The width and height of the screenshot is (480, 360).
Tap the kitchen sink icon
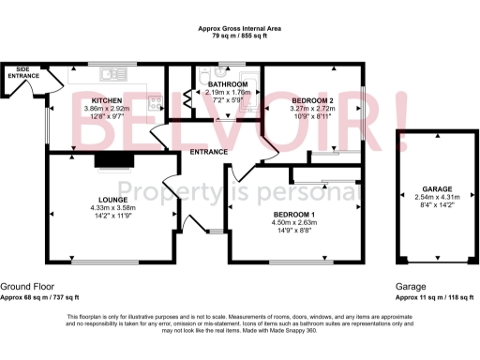point(113,73)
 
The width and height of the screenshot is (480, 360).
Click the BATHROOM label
point(229,84)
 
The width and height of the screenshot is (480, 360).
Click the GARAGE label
point(437,188)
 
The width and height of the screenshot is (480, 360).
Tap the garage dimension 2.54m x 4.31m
point(437,197)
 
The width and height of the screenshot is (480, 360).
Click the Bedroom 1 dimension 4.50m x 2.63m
point(295,222)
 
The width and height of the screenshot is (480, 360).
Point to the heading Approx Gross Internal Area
point(239,29)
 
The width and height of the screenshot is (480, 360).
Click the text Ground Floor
point(27,286)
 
